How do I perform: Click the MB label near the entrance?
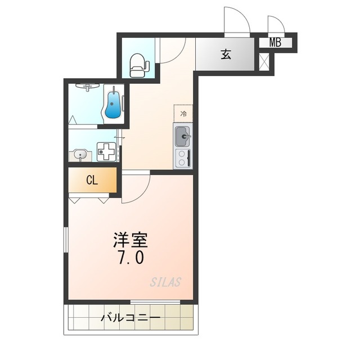(275, 42)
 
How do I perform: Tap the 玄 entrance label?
(225, 55)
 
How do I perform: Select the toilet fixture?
(138, 65)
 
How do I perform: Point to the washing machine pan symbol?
(106, 151)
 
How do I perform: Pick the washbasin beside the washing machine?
(80, 154)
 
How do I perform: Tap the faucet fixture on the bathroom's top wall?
(88, 87)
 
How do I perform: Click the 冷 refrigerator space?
(183, 114)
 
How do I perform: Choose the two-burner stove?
(183, 157)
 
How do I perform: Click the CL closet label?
(92, 181)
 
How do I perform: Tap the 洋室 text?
(130, 240)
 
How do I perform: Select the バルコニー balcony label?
(130, 318)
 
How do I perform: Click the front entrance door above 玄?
(236, 21)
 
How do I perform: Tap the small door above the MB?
(275, 25)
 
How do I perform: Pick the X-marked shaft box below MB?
(264, 61)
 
